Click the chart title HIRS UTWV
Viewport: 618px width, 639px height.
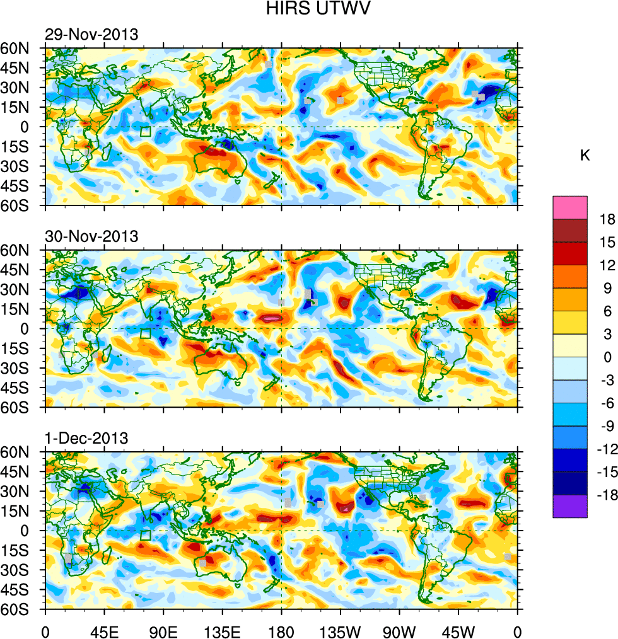[309, 9]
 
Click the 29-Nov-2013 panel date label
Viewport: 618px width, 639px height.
[91, 35]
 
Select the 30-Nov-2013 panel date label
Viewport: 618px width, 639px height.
[91, 237]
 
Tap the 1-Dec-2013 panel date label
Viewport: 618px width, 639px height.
[86, 438]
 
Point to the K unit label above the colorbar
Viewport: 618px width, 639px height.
[585, 155]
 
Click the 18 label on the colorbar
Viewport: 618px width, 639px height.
[607, 219]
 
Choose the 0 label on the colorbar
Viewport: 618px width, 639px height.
[607, 357]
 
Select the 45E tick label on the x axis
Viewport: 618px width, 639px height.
[104, 630]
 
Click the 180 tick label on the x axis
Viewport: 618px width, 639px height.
[281, 630]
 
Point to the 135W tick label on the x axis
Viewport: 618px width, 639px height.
[341, 630]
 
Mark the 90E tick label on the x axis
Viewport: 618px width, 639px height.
[163, 630]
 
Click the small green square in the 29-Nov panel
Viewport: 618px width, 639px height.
[146, 132]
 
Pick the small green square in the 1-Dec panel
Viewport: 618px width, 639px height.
[146, 535]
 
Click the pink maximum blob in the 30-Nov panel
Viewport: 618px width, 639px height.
[272, 319]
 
